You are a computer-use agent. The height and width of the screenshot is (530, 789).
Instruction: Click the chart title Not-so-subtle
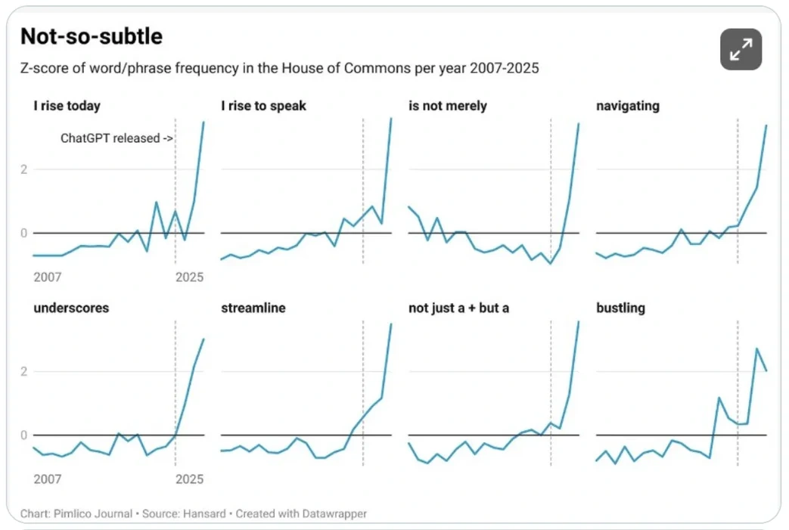click(91, 36)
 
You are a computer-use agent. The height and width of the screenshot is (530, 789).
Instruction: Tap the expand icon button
click(741, 50)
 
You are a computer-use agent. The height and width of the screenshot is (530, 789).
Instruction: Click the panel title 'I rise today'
click(67, 106)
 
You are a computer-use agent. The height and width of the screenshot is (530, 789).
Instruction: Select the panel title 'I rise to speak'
click(263, 106)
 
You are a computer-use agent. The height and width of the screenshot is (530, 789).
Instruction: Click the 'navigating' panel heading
click(627, 106)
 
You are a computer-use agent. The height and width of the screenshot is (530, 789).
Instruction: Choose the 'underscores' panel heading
click(71, 308)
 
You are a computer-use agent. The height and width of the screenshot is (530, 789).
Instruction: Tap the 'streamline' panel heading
click(253, 308)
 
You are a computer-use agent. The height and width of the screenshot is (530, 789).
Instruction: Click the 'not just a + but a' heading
click(458, 308)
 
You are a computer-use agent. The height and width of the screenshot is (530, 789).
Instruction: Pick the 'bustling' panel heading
click(620, 308)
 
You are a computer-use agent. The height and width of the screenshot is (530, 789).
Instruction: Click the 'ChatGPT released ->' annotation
click(116, 138)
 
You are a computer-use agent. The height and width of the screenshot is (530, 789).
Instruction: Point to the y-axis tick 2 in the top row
click(24, 169)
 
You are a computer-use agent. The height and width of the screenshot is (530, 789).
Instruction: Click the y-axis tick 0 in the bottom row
click(24, 435)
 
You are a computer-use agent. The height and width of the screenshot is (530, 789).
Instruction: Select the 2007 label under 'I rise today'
click(48, 277)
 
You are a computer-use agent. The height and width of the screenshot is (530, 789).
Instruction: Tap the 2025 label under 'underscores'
click(189, 479)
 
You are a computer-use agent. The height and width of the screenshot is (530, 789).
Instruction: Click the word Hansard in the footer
click(205, 513)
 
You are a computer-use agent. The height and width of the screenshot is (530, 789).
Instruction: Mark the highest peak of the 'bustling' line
click(756, 349)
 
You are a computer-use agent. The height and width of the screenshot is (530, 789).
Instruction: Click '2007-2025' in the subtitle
click(505, 69)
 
